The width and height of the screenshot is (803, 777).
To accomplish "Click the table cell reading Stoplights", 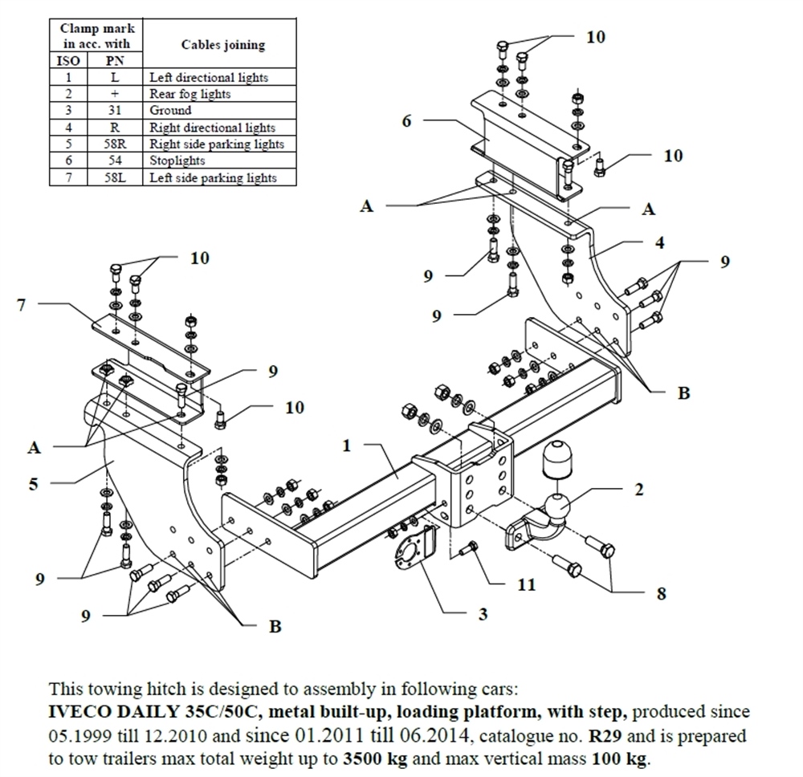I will tap(177, 161).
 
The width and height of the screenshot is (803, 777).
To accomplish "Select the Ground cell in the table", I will tap(170, 111).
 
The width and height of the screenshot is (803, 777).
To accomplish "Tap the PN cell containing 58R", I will tap(113, 144).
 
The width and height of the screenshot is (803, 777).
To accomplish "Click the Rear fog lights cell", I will tap(190, 94).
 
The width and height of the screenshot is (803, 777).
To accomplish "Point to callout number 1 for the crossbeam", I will tap(347, 446).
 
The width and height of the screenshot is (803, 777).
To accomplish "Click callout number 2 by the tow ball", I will tap(638, 489).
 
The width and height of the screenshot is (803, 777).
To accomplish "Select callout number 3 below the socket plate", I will tap(483, 614).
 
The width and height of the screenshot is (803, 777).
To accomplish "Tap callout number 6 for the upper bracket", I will tap(406, 121).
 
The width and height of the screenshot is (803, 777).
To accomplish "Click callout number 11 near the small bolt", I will tap(525, 584).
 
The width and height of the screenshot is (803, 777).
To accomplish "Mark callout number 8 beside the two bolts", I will tap(660, 593).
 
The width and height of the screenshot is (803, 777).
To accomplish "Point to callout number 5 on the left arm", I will tap(34, 483).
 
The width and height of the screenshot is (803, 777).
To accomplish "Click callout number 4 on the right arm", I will tap(658, 242).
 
